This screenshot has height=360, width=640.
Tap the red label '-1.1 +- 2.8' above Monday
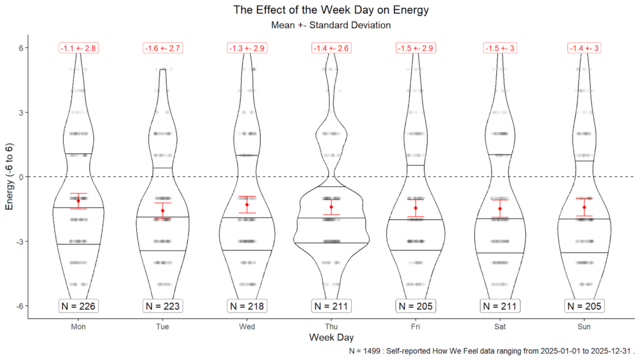tap(78, 48)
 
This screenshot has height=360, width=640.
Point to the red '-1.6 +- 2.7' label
tap(162, 48)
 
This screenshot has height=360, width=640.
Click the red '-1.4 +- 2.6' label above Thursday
tap(331, 48)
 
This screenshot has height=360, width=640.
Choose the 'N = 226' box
tap(78, 306)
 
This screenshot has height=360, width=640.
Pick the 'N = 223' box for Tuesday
tap(162, 306)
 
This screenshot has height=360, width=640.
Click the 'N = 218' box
tap(247, 306)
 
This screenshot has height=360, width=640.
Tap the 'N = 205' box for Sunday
tap(584, 306)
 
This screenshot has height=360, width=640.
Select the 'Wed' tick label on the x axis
tap(247, 326)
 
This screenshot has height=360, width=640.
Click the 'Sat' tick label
tap(500, 326)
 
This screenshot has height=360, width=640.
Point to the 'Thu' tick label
tap(331, 326)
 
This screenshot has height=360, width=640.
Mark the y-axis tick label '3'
tap(21, 112)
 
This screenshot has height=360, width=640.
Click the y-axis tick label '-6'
tap(19, 306)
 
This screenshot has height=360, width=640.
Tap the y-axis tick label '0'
tap(21, 177)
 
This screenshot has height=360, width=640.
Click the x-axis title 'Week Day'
tap(331, 338)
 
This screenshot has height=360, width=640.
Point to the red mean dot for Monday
tap(78, 201)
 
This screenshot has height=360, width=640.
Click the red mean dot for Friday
tap(416, 208)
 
